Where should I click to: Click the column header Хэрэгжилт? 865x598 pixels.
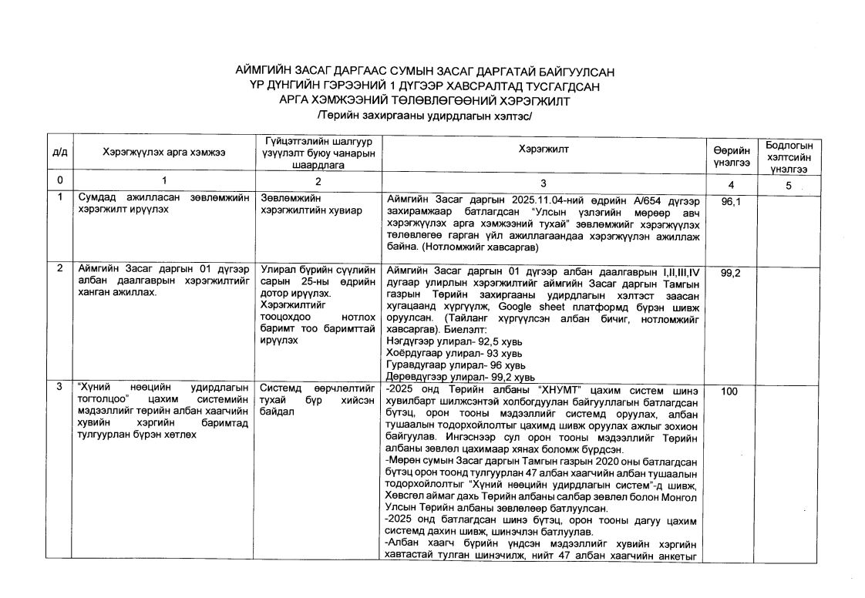[x=543, y=149]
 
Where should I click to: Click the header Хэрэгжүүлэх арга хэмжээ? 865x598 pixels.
[x=163, y=153]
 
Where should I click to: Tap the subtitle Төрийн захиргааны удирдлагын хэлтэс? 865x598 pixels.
[x=425, y=115]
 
